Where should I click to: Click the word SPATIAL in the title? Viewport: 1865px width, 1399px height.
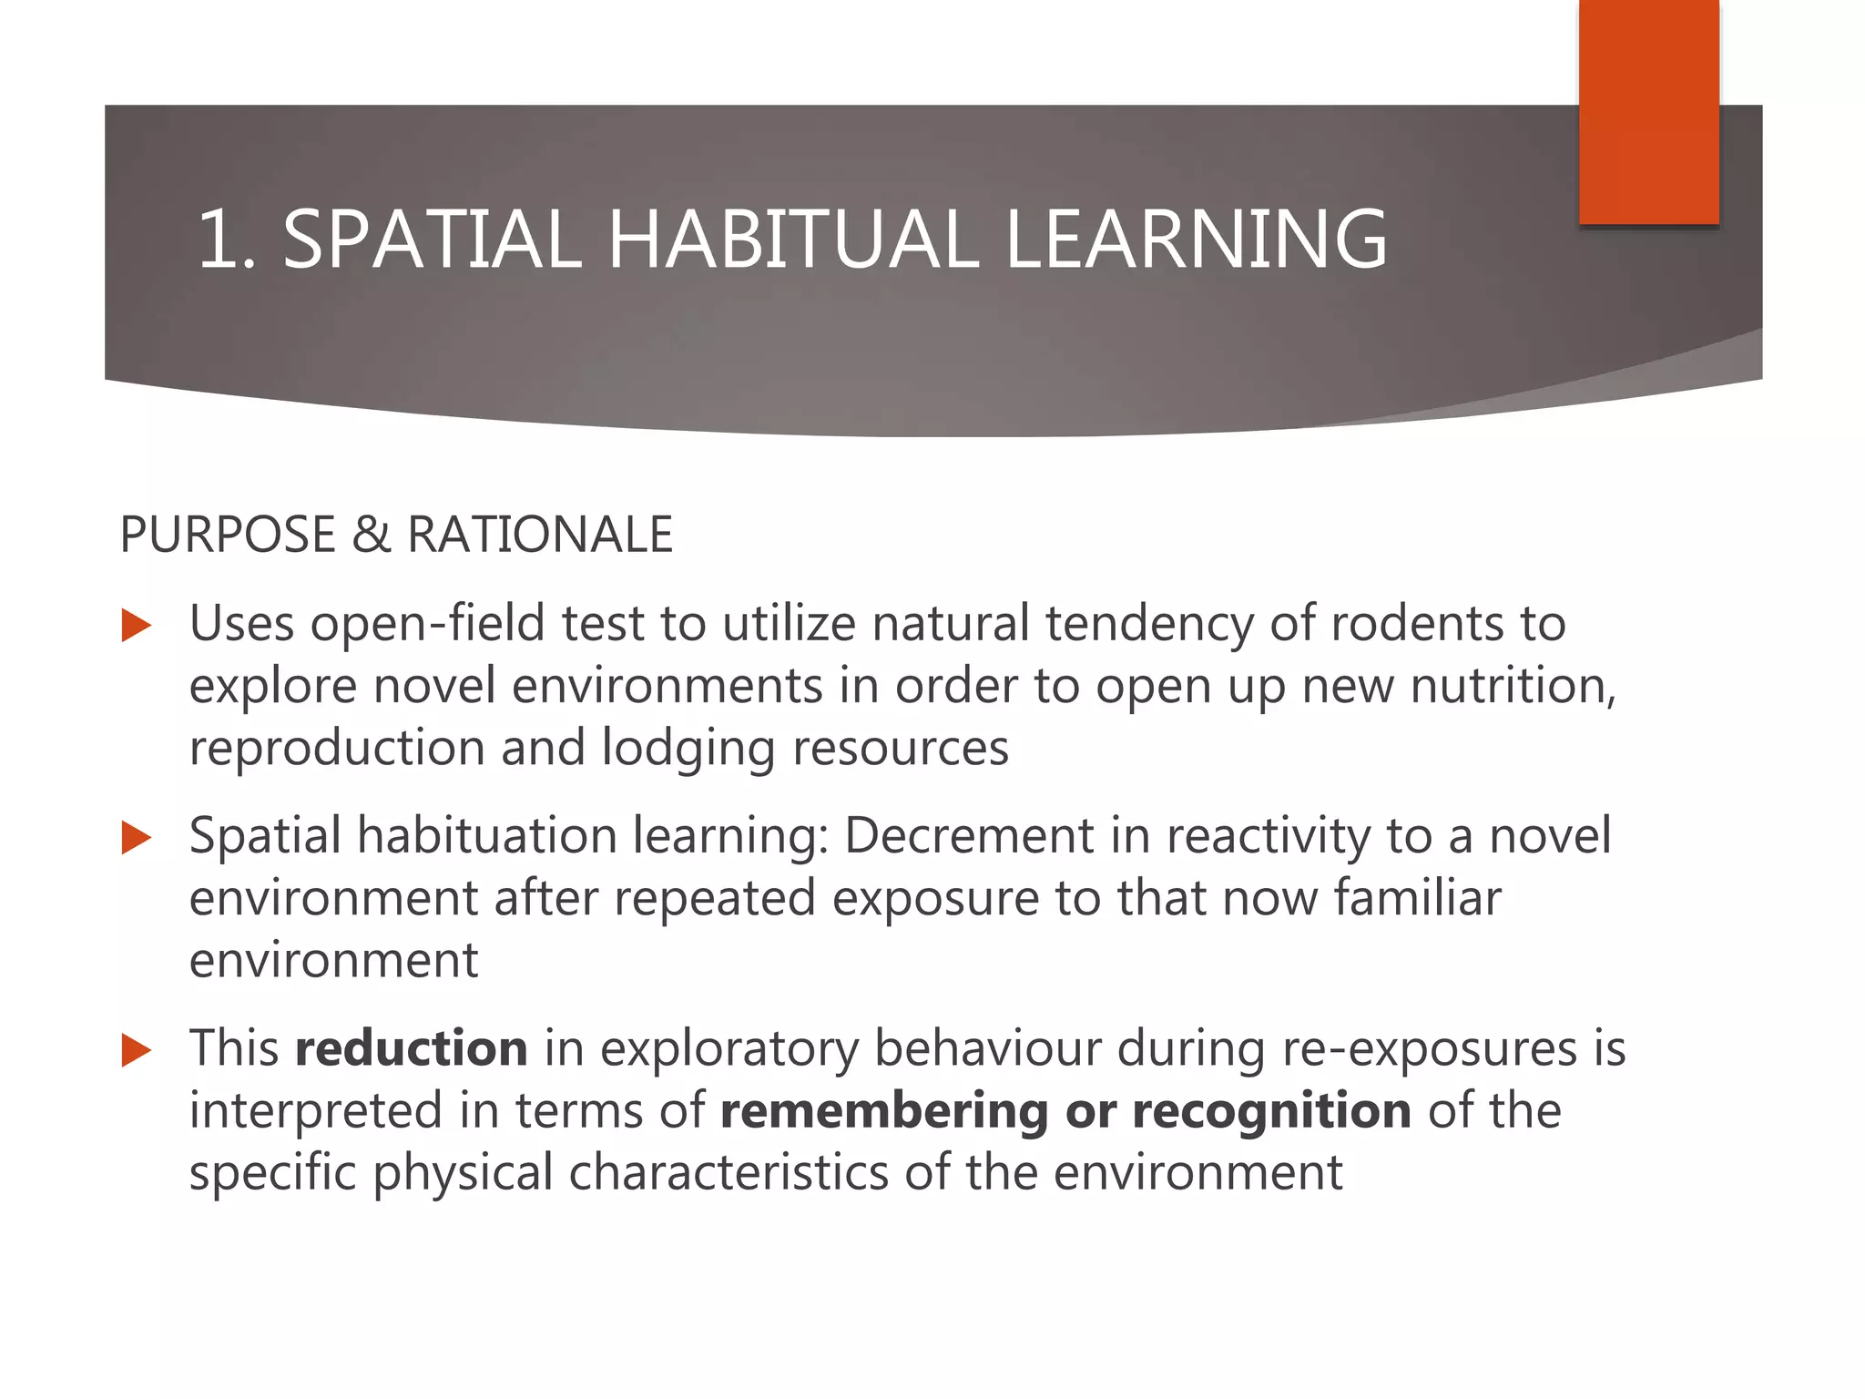432,240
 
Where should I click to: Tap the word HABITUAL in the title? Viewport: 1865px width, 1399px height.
792,240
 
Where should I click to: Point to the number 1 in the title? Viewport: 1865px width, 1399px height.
219,240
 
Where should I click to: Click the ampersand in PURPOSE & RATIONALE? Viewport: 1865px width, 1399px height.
371,535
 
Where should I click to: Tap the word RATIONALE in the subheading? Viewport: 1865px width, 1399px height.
540,535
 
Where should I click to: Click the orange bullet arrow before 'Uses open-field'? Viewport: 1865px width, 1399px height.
136,626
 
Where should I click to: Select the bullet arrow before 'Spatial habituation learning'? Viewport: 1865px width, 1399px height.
136,838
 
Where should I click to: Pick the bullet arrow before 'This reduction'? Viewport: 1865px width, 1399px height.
136,1050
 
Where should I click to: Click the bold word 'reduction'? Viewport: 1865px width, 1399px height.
411,1048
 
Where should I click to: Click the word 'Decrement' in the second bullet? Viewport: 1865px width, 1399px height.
968,836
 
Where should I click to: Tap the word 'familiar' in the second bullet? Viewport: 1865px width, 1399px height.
1417,898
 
